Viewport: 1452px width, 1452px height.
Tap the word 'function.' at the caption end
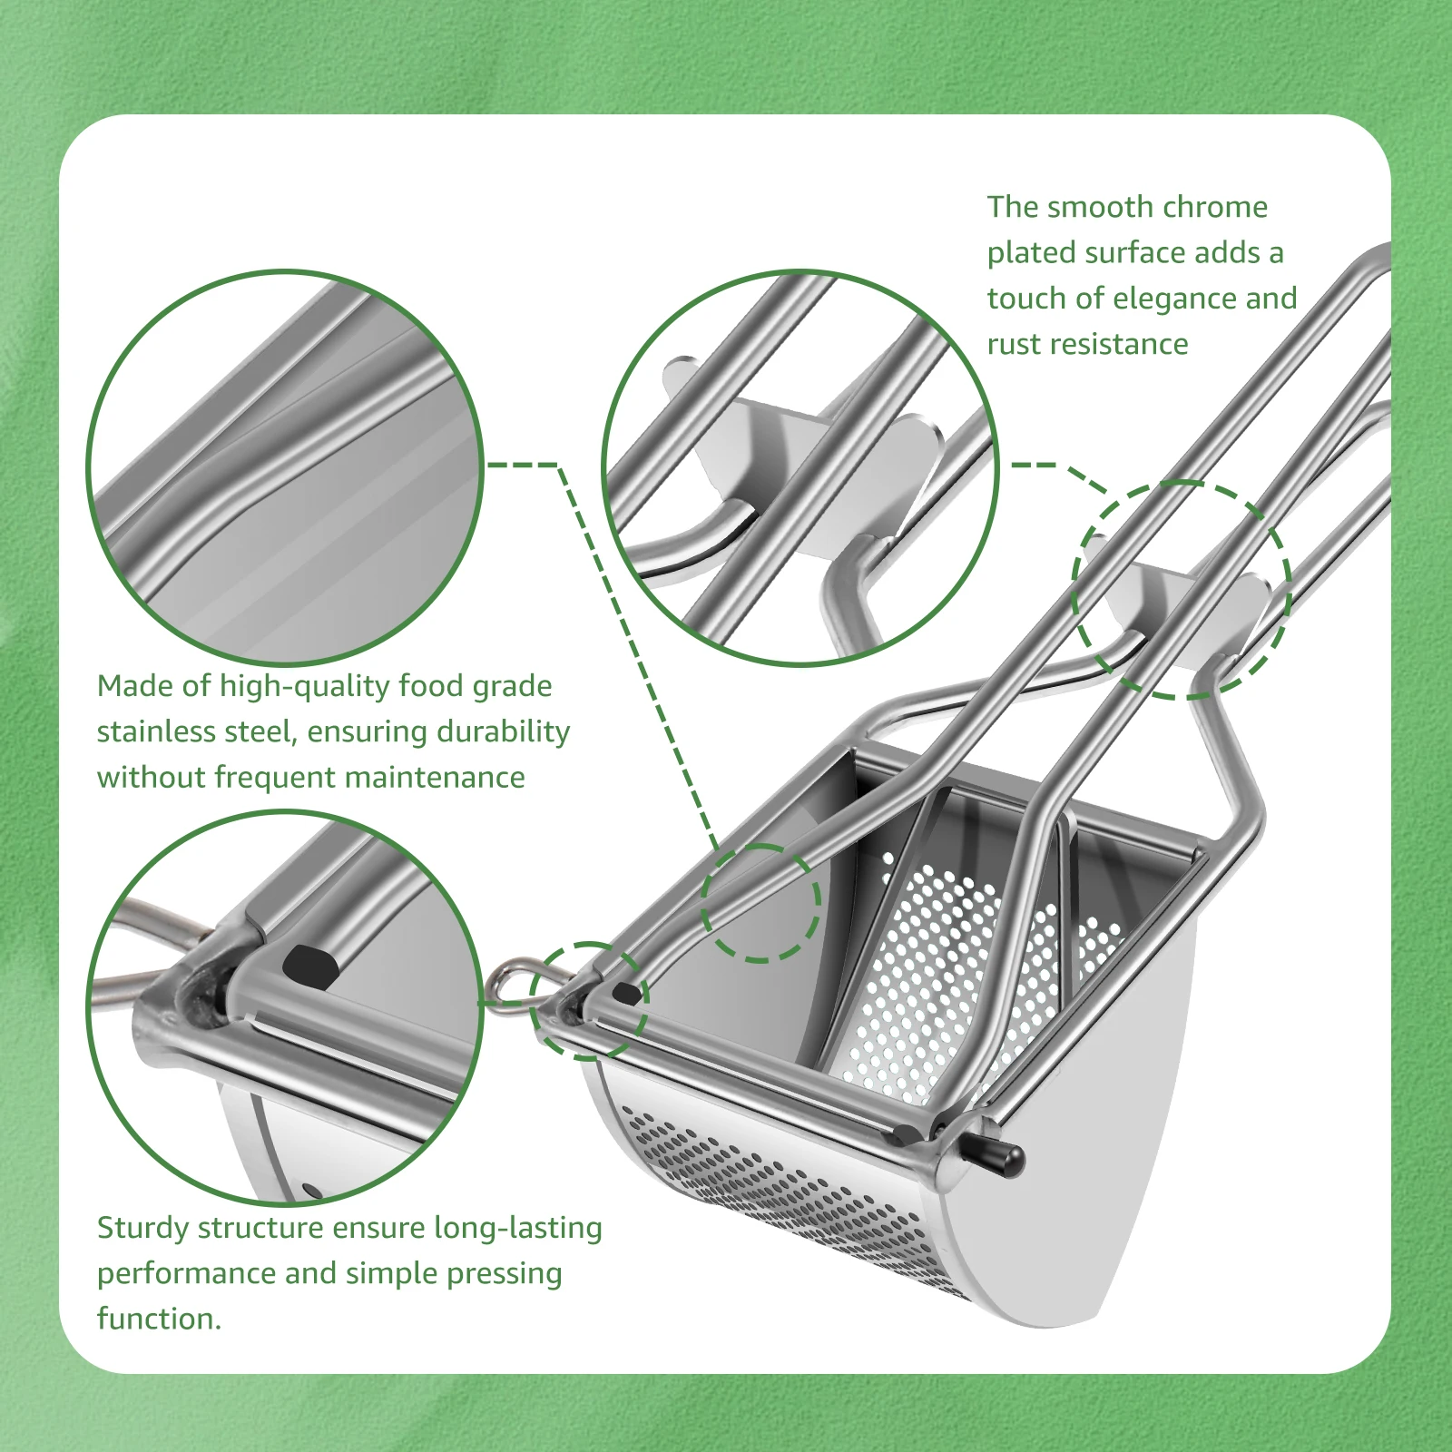pos(159,1319)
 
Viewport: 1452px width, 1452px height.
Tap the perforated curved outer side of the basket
pos(780,1189)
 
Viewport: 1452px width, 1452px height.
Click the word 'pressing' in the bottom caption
pos(505,1273)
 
